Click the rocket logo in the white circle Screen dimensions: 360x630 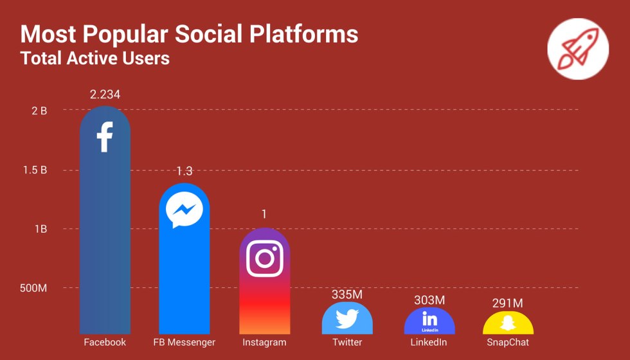click(x=577, y=49)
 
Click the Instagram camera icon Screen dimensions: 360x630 click(x=264, y=257)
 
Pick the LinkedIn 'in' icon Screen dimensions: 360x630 click(x=429, y=319)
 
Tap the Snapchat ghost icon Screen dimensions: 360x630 click(x=509, y=322)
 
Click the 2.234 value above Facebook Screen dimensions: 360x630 click(x=105, y=94)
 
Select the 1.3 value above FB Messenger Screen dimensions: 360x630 click(x=184, y=171)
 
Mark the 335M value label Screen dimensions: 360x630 click(x=347, y=294)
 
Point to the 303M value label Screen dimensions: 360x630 click(x=429, y=300)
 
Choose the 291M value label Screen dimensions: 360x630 click(x=509, y=303)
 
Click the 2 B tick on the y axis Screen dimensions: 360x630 click(x=39, y=111)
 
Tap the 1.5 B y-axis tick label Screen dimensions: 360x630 click(x=35, y=170)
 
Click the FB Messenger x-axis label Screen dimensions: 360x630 click(x=184, y=342)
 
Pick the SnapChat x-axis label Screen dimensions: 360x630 click(x=508, y=342)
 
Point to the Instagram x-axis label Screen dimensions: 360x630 click(x=264, y=342)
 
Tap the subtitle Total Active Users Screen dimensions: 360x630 click(x=95, y=58)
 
